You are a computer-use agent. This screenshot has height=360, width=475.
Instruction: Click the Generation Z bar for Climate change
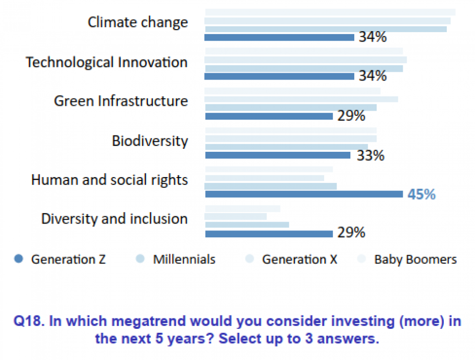(279, 37)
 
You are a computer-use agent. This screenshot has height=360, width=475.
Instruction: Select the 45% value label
(421, 194)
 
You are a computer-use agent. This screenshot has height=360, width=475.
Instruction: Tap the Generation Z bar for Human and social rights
(303, 194)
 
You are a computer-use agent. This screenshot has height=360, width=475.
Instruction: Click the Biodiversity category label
(150, 141)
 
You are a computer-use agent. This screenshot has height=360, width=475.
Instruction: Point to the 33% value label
(371, 155)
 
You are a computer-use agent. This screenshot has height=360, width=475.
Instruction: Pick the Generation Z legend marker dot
(19, 259)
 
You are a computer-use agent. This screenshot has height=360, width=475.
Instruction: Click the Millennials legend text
(184, 259)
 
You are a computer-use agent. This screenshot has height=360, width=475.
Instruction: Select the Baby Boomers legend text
(415, 259)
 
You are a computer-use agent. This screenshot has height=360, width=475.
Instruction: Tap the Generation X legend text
(299, 259)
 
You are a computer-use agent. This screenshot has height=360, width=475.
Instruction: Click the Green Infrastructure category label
(121, 101)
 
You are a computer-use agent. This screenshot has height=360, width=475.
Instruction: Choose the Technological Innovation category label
(106, 62)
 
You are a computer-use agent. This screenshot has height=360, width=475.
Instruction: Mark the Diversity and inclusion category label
(114, 219)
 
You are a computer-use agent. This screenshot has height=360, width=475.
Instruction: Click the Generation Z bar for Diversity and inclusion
(268, 233)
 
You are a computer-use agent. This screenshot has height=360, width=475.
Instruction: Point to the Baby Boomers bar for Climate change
(330, 12)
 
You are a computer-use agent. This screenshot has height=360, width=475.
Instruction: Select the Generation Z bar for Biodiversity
(277, 155)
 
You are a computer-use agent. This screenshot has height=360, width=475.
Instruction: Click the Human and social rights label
(109, 180)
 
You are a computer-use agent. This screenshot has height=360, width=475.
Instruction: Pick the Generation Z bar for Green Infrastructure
(268, 116)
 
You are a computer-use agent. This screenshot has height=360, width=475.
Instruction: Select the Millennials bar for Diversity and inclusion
(246, 225)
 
